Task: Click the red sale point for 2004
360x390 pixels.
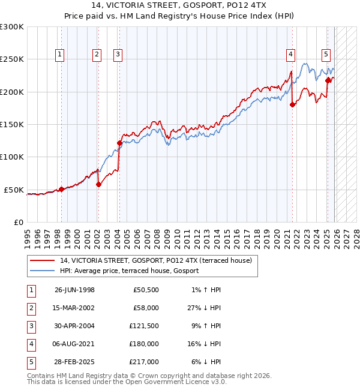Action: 119,143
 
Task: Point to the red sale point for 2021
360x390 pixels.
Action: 292,104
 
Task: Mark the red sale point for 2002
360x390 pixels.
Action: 98,184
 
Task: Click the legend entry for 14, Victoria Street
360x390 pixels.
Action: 159,260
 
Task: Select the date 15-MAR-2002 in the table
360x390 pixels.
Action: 74,307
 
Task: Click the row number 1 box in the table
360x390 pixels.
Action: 31,289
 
